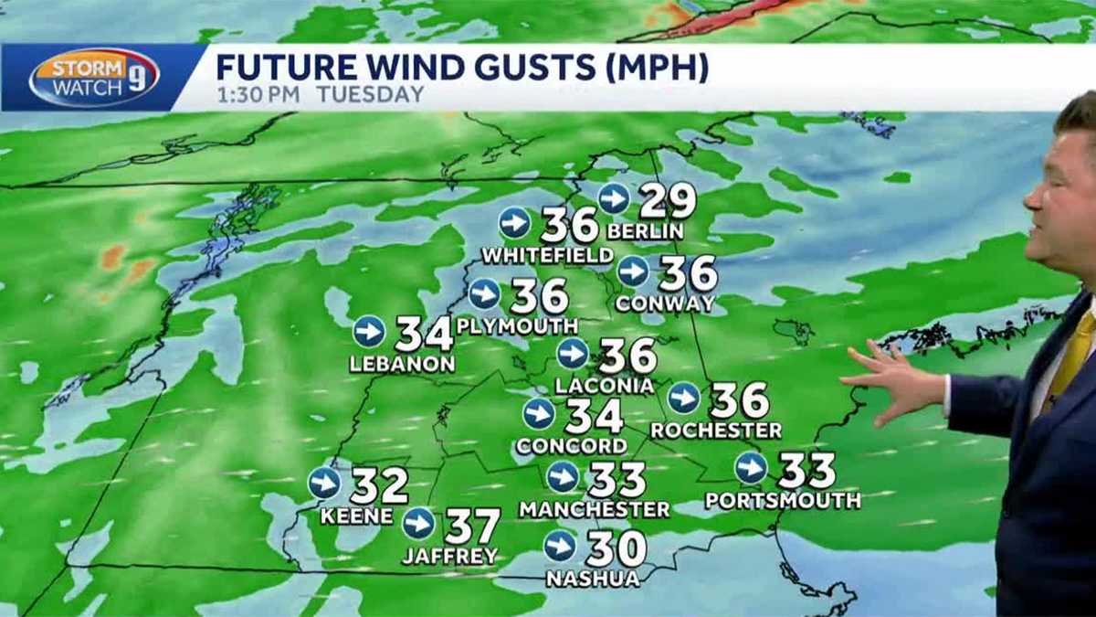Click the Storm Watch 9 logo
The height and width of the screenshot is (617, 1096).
coord(94,78)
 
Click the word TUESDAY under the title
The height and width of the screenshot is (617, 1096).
coord(371,94)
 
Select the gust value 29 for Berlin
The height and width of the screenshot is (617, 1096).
coord(667,201)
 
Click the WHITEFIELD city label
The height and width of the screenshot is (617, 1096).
coord(547,255)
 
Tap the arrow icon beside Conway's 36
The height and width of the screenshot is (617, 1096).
coord(633,271)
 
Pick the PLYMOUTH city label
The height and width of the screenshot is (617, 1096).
coord(517,326)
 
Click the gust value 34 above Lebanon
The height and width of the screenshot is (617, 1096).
coord(424,334)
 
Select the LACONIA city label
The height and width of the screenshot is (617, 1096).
coord(604,387)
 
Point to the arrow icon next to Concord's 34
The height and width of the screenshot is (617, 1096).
coord(539,414)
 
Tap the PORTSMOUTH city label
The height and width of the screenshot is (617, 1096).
coord(783,501)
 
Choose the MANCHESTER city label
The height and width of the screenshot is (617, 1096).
coord(595,510)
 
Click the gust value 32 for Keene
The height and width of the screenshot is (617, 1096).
coord(378,485)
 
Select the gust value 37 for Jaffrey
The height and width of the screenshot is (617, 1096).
coord(472,527)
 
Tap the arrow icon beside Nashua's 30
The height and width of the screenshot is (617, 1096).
coord(559,546)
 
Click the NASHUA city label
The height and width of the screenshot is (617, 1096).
coord(592,579)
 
